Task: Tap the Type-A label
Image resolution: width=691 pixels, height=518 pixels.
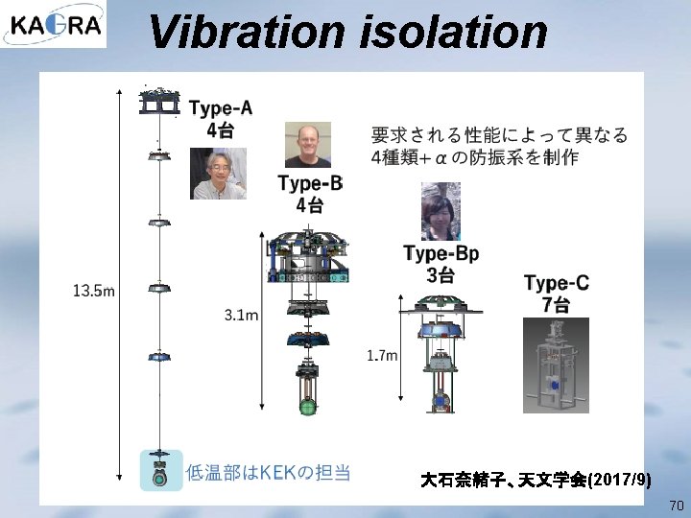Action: click(221, 107)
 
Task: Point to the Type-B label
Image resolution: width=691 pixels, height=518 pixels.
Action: click(309, 183)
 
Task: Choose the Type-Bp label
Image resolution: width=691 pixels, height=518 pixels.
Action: click(441, 254)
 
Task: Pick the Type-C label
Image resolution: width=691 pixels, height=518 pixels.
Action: click(557, 283)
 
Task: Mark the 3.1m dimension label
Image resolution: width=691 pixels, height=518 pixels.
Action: click(241, 315)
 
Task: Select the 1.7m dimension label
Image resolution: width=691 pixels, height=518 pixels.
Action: click(381, 356)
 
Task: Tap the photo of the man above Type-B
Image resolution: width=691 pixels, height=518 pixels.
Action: click(307, 145)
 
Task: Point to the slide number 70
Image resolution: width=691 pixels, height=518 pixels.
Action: click(676, 505)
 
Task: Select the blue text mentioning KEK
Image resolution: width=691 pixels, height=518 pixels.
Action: click(268, 472)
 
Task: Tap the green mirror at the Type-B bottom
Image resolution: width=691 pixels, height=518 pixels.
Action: click(308, 407)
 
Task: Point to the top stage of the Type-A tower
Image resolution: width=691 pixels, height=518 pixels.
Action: click(159, 101)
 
